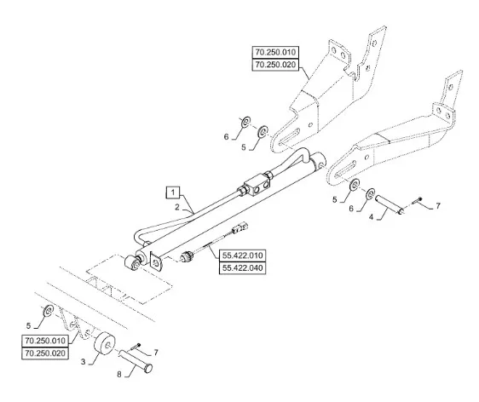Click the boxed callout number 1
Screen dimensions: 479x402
[173, 192]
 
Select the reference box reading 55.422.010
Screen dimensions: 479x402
[243, 256]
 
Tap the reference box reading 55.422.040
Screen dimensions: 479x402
[243, 268]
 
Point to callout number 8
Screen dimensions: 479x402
[119, 374]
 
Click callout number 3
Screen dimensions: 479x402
[83, 362]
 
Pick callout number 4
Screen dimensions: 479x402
[371, 217]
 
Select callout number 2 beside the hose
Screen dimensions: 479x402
[177, 207]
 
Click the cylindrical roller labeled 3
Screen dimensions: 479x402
[105, 344]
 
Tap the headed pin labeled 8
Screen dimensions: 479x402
[136, 361]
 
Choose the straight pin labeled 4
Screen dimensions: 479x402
[390, 204]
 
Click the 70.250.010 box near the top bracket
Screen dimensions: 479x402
[275, 52]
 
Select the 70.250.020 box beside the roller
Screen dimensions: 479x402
[45, 353]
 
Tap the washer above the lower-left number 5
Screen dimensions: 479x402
[49, 310]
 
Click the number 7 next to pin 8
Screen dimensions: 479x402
[156, 353]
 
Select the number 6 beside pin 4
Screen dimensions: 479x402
[350, 209]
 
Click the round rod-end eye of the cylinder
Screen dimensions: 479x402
[131, 263]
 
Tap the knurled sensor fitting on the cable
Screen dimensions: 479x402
[186, 256]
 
